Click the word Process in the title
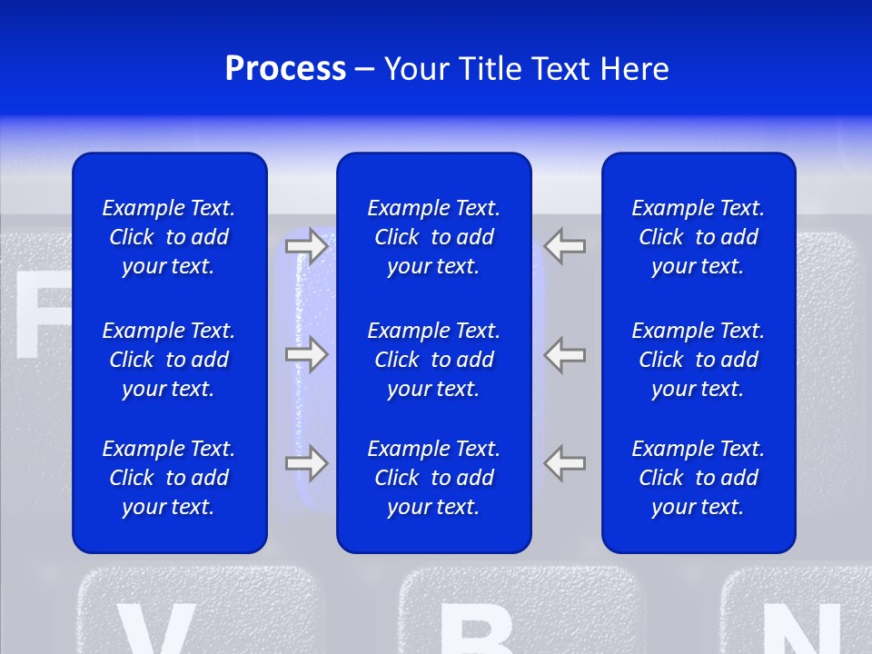click(x=285, y=69)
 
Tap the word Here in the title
click(x=633, y=69)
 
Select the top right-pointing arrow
click(x=307, y=246)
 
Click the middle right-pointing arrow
click(x=307, y=353)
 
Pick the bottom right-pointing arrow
click(x=307, y=463)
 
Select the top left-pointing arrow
click(x=565, y=246)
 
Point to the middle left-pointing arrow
click(x=565, y=353)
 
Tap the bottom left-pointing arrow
click(x=565, y=463)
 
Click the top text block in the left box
click(x=169, y=237)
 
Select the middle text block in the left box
click(x=169, y=360)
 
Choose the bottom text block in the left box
click(x=169, y=478)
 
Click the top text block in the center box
click(x=433, y=237)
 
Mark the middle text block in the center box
click(x=433, y=360)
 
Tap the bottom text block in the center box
click(x=433, y=478)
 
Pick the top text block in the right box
click(x=698, y=237)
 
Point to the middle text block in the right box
click(x=698, y=360)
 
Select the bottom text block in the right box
click(x=698, y=478)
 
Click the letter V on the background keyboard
click(x=154, y=629)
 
